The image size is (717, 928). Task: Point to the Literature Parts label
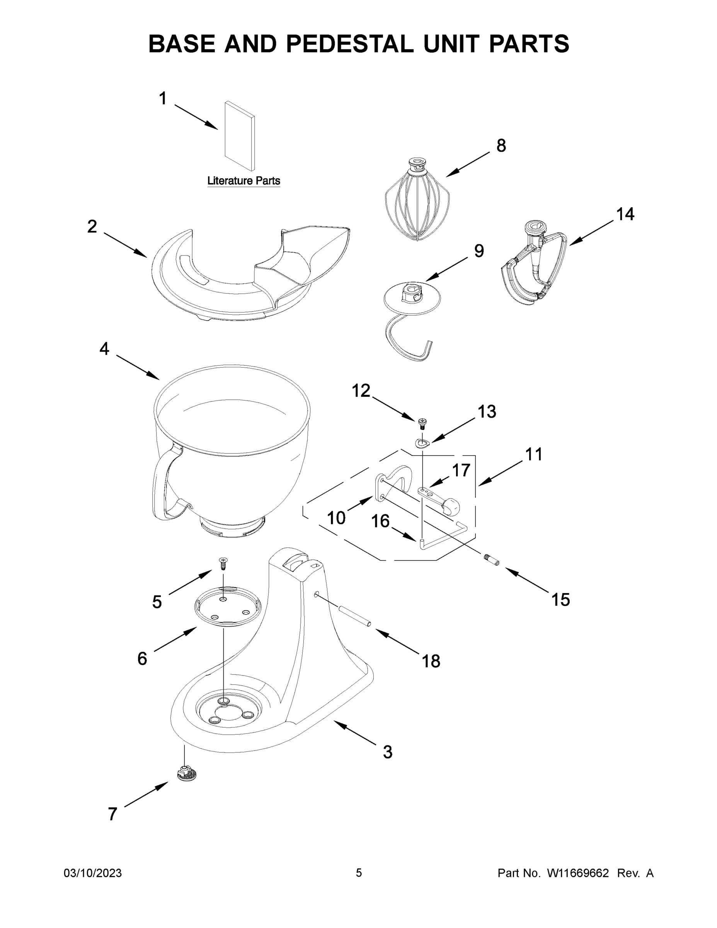click(244, 181)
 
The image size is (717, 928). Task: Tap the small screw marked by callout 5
click(223, 563)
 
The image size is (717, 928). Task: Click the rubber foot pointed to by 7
click(186, 774)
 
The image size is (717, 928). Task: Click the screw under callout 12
click(422, 422)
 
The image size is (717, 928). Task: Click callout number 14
click(625, 214)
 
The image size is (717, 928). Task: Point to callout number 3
click(387, 752)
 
